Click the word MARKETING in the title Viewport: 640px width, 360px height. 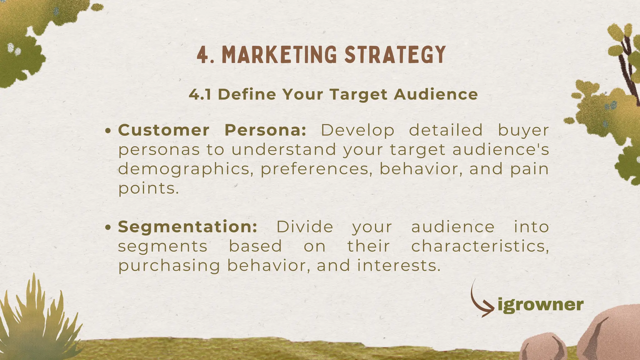[279, 55]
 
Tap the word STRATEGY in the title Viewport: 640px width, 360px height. [395, 55]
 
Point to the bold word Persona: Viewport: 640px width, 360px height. [265, 130]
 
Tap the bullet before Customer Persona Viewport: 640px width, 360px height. [108, 131]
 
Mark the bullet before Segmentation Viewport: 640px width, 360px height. [108, 227]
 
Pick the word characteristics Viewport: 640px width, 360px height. [480, 246]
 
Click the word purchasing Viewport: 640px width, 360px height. [169, 266]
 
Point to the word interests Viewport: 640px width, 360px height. [399, 266]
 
